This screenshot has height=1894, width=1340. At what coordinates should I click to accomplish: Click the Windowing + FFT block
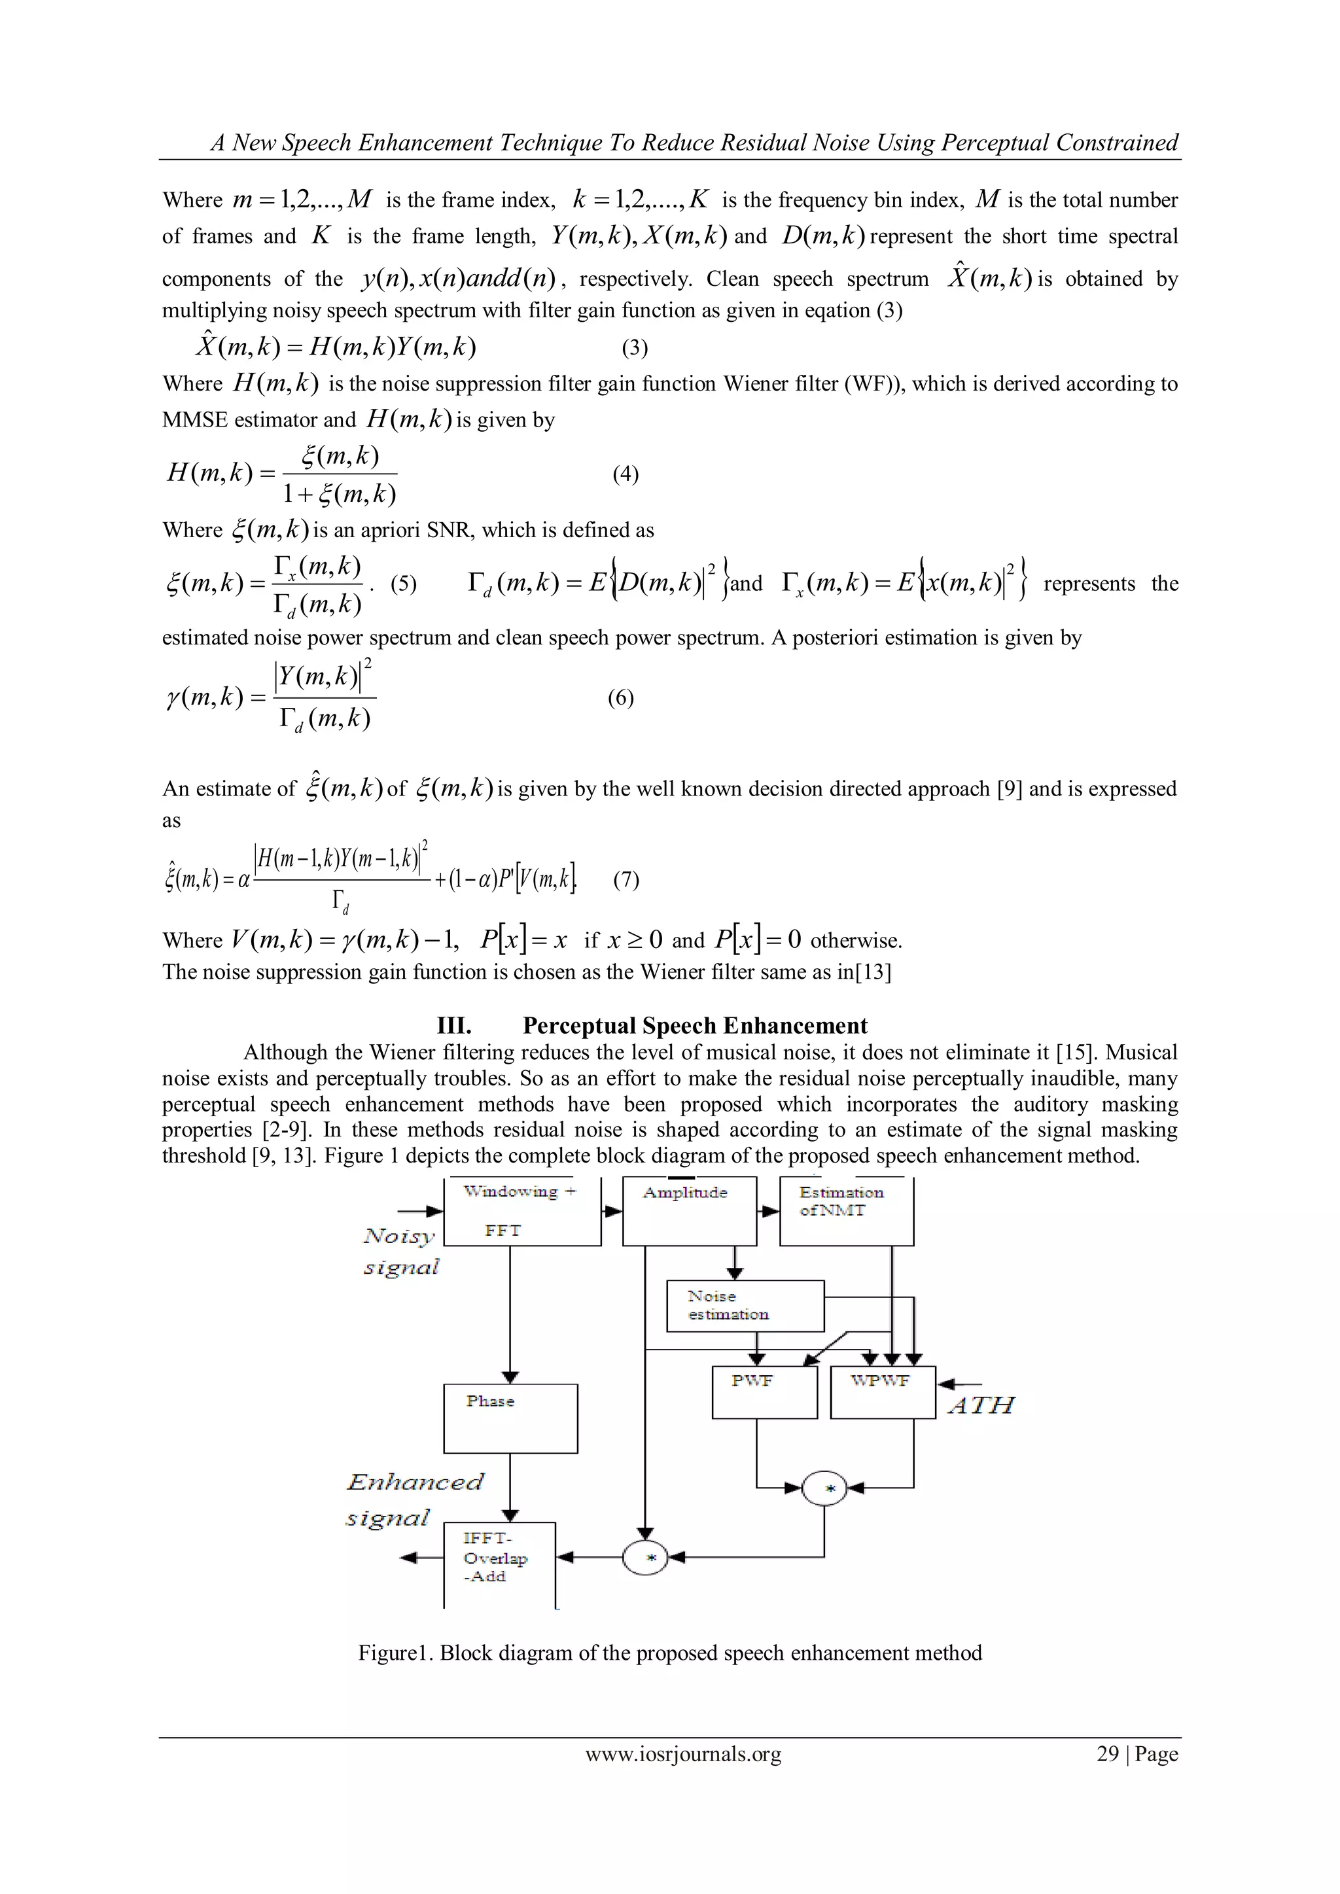[521, 1211]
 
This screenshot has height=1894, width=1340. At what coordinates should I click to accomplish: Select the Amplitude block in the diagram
[689, 1211]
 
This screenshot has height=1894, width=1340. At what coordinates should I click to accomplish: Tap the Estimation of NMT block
[846, 1211]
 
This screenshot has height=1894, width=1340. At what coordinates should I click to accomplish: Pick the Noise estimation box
[744, 1306]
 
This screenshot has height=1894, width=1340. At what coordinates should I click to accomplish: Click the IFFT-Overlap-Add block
[499, 1562]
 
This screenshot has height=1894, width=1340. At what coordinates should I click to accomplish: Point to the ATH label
[980, 1405]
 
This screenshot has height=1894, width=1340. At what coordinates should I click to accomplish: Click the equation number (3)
[635, 347]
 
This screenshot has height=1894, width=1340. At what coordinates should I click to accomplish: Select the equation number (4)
[626, 474]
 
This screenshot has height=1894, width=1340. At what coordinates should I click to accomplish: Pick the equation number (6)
[620, 698]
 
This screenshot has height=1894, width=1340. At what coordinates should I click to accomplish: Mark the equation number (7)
[626, 879]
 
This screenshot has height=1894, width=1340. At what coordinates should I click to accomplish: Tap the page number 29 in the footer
[1106, 1754]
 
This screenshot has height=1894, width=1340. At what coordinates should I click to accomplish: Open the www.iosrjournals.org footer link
[682, 1754]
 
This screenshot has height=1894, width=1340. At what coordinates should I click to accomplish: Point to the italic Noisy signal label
[401, 1251]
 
